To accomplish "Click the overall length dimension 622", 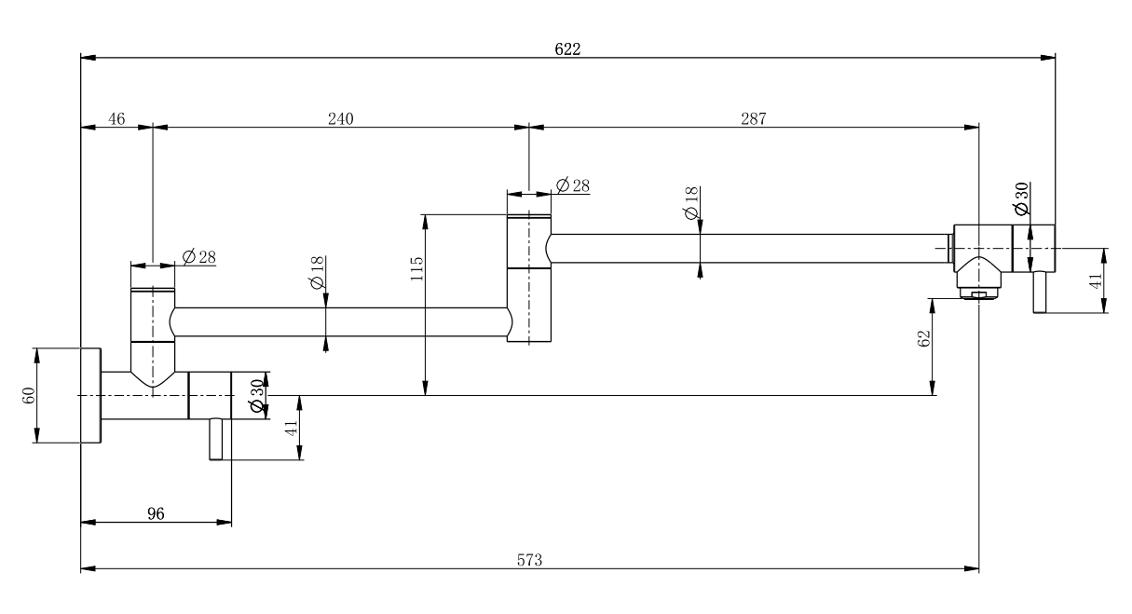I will coord(567,48).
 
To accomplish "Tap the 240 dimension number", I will coord(340,118).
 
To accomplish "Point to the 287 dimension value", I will coord(753,118).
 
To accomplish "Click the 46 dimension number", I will coord(116,118).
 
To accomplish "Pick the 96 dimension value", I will coord(156,513).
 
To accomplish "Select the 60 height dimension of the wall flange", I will coord(28,395).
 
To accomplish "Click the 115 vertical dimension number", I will coord(417,268).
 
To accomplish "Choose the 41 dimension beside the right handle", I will coord(1096,279).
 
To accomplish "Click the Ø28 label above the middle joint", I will coord(572,184).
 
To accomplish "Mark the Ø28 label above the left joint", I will coord(200,256).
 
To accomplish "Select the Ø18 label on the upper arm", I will coord(690,203).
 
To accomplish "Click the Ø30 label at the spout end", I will coord(1021,198).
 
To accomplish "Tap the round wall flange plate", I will coord(90,395).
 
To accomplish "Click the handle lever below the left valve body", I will coord(216,440).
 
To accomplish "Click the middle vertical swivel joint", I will coord(529,278).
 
